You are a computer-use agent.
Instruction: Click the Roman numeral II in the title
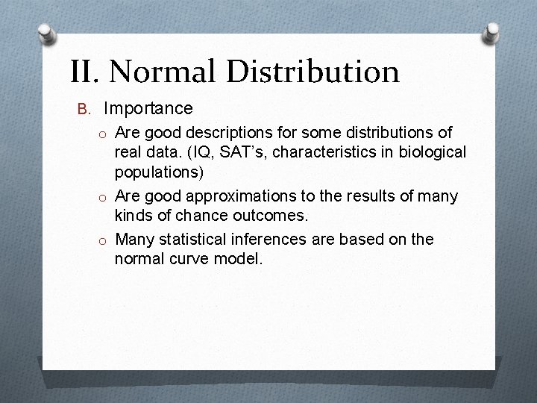pos(84,72)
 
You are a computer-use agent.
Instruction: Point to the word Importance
pos(148,109)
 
